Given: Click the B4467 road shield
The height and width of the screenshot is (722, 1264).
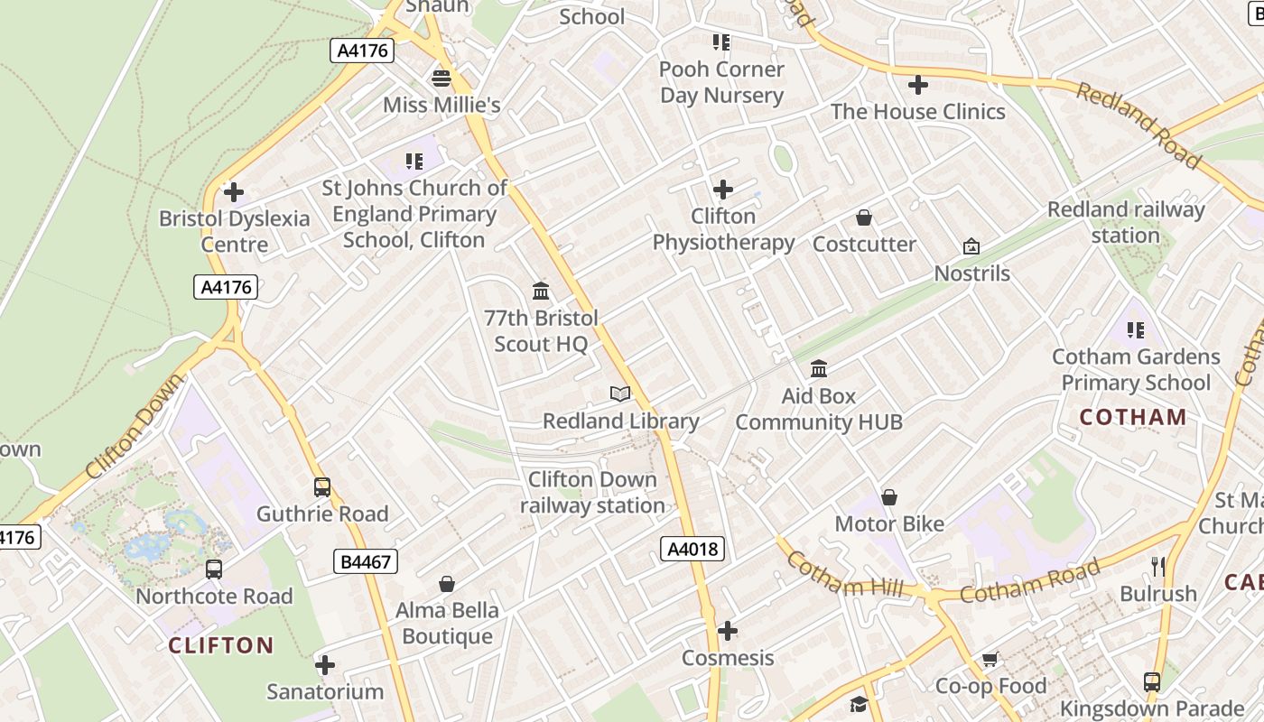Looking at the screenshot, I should point(366,561).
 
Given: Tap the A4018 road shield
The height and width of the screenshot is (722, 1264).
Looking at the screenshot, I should point(692,548).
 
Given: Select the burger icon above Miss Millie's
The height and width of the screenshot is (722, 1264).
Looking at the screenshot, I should point(441,78).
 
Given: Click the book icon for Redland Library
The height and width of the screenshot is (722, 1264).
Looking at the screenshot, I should point(619,393).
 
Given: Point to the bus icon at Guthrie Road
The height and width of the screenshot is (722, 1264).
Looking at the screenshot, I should point(322,487).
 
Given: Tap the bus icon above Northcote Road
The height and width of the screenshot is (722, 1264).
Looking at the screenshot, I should point(214,569).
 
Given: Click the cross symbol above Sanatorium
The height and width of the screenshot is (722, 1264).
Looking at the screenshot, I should point(325,666).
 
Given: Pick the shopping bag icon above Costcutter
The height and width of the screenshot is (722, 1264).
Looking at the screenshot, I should point(864,218).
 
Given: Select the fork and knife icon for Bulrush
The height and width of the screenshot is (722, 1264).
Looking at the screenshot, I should point(1158,567).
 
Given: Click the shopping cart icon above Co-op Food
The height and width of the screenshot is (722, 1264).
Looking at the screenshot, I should point(990,660).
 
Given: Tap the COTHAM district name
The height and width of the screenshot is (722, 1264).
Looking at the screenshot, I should point(1133,417).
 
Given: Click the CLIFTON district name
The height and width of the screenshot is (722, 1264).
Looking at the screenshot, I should point(221,645).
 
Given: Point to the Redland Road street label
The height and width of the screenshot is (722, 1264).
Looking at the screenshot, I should point(1139,125).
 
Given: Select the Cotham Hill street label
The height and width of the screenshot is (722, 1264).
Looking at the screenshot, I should point(844,575).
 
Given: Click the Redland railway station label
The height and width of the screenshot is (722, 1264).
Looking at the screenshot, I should point(1126,223).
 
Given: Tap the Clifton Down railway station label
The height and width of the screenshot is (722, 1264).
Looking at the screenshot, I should point(592,492).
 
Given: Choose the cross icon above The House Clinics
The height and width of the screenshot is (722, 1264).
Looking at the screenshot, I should point(918,85).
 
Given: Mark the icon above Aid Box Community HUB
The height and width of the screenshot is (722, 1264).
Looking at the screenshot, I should point(819,368).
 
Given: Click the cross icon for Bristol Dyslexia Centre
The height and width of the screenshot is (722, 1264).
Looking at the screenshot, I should point(234,192).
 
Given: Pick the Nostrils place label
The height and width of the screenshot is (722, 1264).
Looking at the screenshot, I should point(972,273).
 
